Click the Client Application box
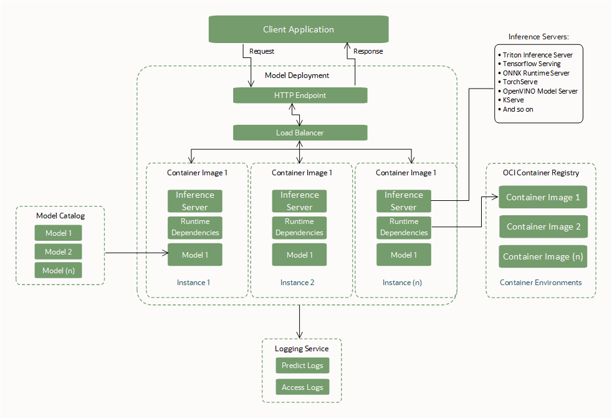[298, 29]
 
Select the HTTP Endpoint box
[300, 95]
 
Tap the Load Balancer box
[300, 133]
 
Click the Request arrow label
[262, 51]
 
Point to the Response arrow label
[368, 51]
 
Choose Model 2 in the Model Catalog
[59, 252]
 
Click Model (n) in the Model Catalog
[59, 270]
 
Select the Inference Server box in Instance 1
[194, 201]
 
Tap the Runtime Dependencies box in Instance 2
[299, 227]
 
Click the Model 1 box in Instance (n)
[404, 255]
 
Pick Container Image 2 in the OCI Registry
[543, 227]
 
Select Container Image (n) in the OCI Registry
[543, 256]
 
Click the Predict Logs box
[302, 366]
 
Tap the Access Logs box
[302, 387]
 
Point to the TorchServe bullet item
[520, 82]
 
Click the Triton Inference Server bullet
[537, 55]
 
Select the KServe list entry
[515, 100]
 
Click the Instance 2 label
[297, 283]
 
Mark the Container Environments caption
[540, 283]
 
